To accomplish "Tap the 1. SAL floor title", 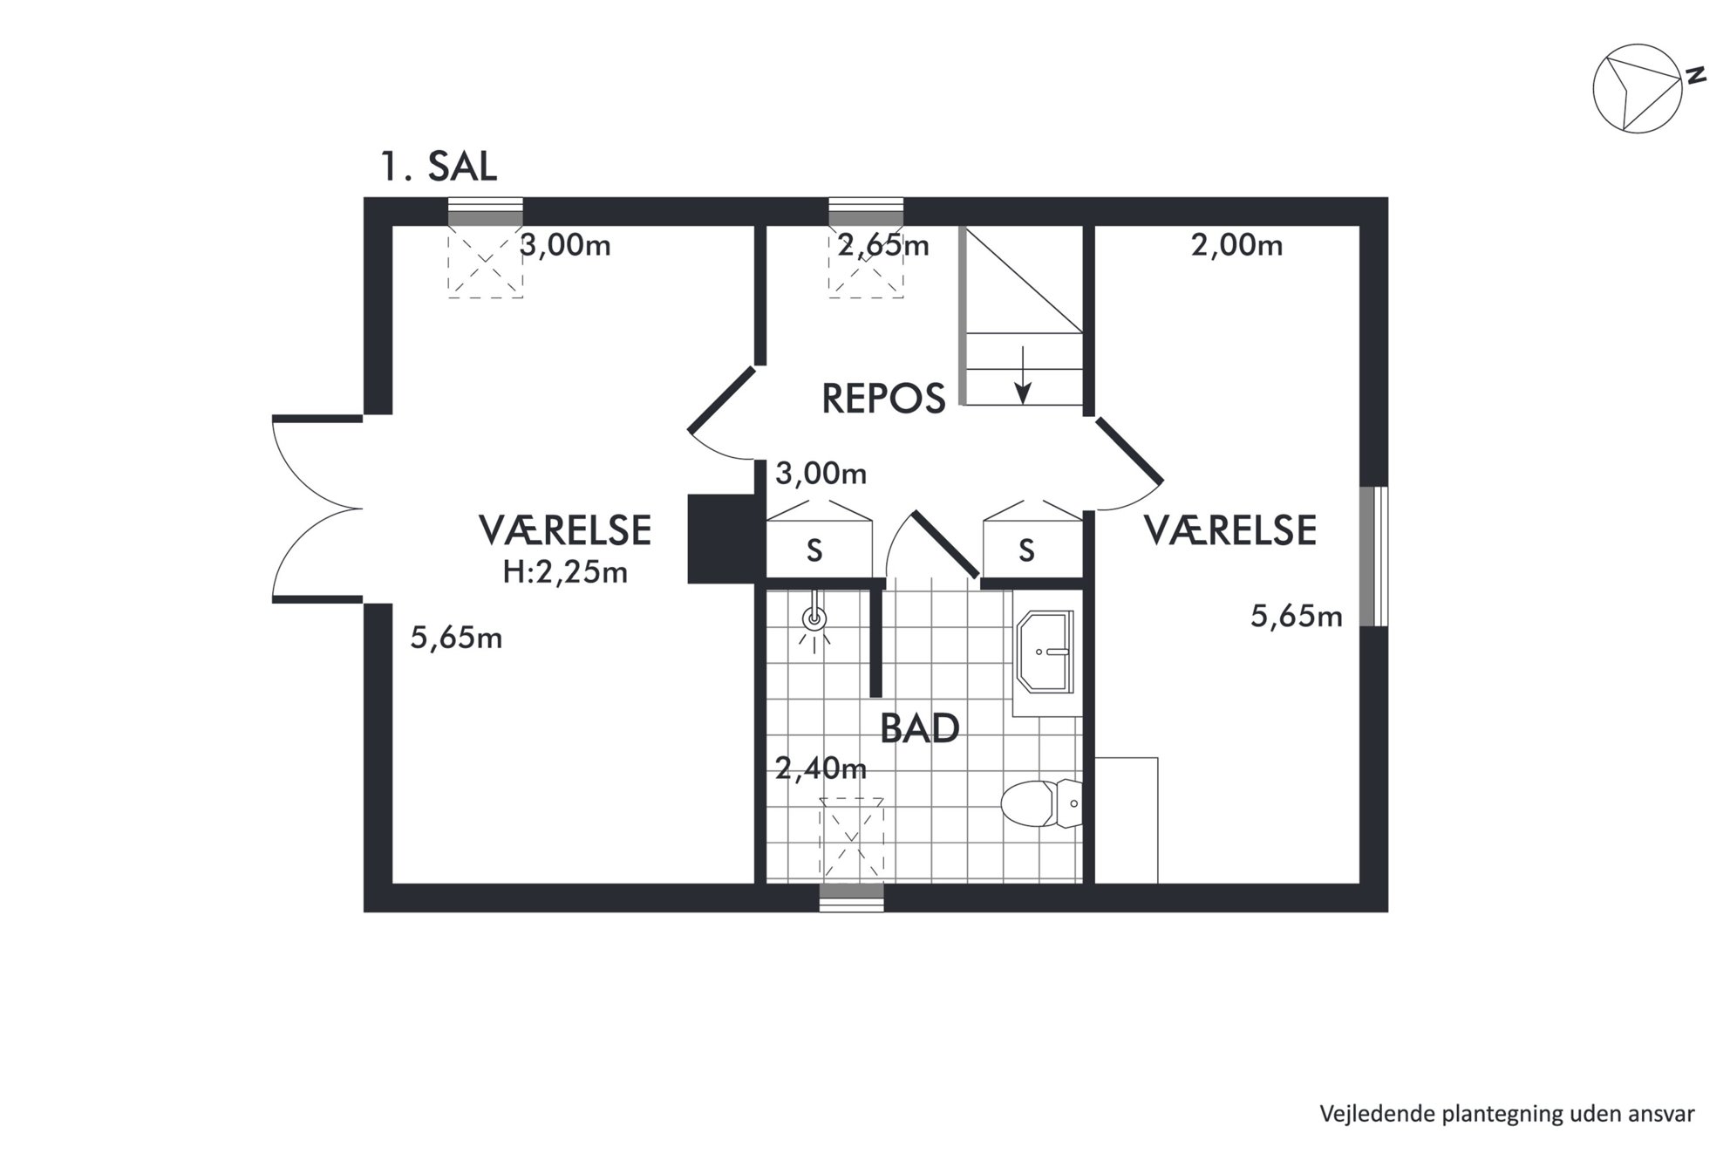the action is [439, 167].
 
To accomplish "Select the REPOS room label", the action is [883, 399].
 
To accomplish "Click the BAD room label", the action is [919, 728].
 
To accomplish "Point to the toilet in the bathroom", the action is [1041, 803].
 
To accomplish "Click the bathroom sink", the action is [1044, 652].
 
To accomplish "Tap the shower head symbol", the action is [814, 618].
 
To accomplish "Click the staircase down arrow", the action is [1023, 375].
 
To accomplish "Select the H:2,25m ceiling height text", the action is [565, 572].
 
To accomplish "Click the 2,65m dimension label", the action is [883, 246].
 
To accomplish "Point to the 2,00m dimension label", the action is [1236, 246].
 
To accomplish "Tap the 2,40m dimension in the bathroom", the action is [821, 768].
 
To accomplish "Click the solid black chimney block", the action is [722, 539].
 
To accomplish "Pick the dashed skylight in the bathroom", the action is [852, 837].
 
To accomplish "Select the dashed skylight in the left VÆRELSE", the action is [486, 262].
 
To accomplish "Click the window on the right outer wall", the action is [1374, 557].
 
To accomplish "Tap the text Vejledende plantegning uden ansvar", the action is [1507, 1114].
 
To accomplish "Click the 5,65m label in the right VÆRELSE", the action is [1297, 617].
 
